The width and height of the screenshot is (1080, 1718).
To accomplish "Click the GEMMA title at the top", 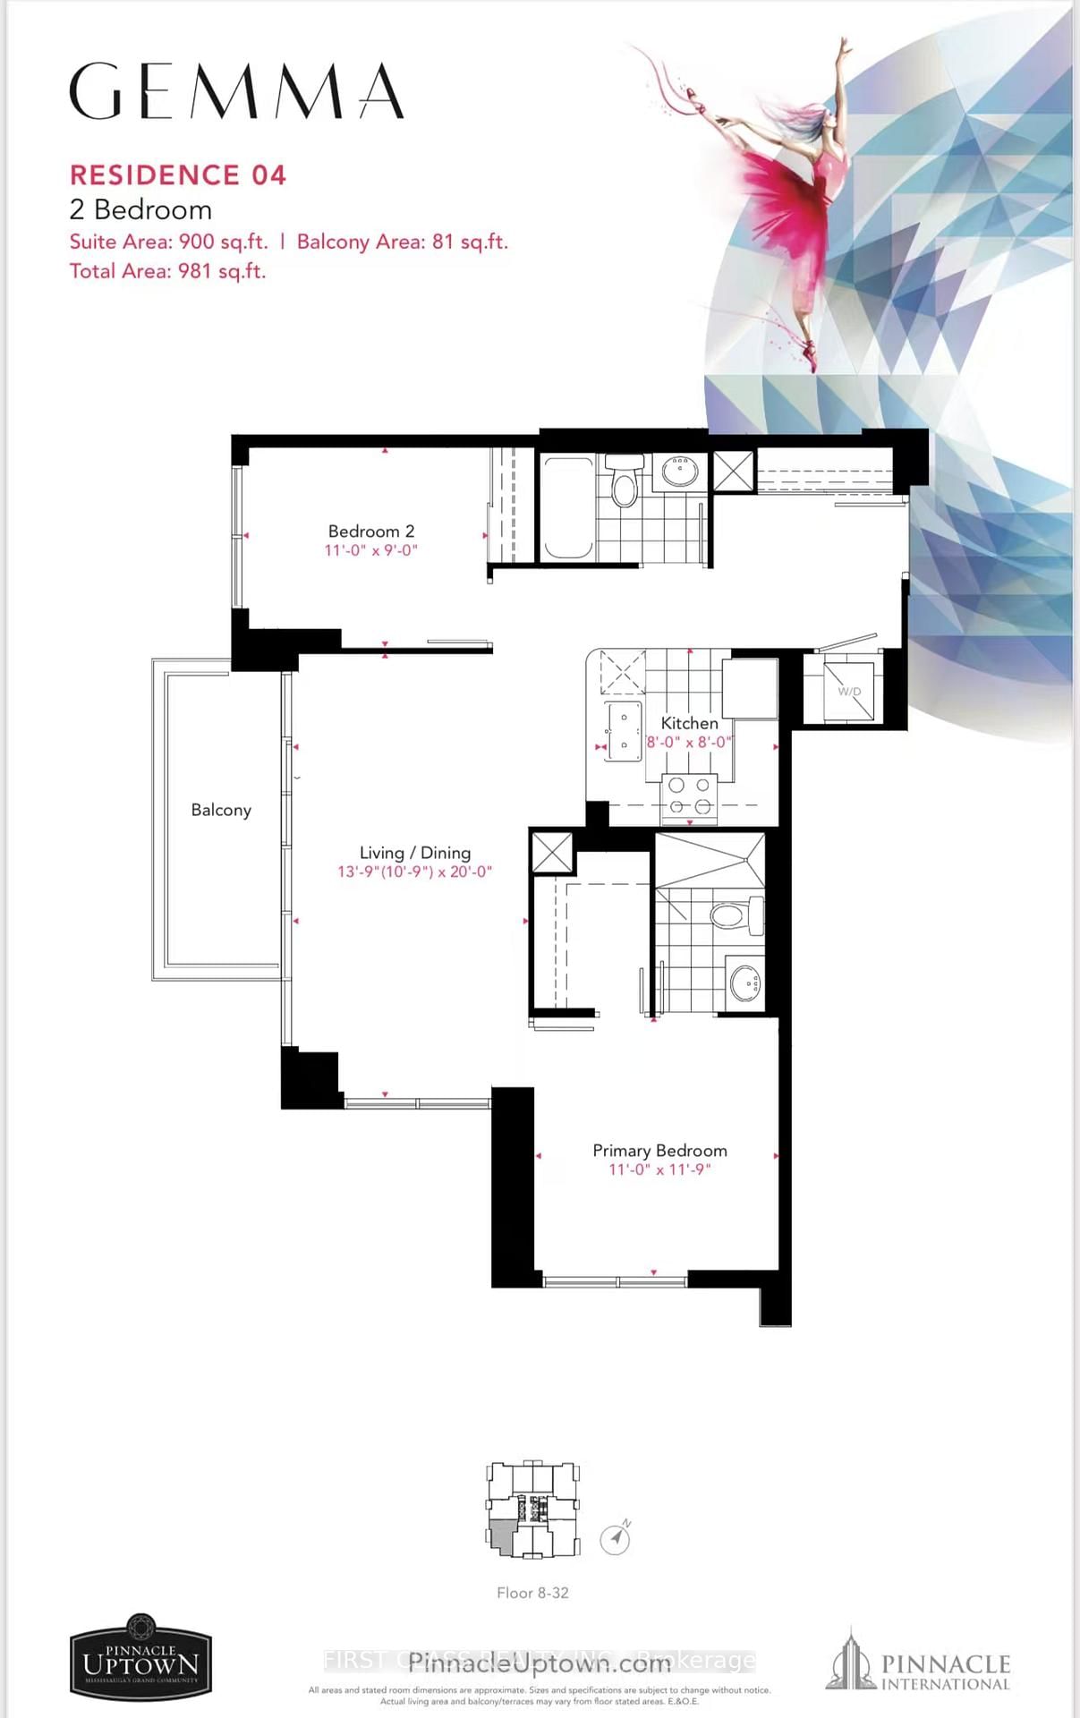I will tap(236, 91).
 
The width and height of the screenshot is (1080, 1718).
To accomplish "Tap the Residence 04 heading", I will tap(178, 174).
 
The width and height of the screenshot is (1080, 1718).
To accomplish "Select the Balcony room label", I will tap(221, 810).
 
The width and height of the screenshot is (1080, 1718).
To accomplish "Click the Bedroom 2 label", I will tap(371, 532).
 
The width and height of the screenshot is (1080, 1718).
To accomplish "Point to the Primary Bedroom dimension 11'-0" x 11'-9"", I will tap(659, 1169).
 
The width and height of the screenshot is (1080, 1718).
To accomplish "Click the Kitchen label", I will tap(689, 723).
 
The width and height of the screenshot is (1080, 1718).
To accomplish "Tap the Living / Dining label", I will tap(415, 853).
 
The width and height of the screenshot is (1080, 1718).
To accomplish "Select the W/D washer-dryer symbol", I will tap(848, 692).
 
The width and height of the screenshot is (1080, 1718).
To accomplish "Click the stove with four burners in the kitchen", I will tap(690, 795).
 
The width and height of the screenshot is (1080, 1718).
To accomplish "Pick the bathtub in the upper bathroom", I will tap(567, 507).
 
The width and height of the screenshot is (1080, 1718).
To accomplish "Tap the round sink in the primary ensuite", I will tap(745, 984).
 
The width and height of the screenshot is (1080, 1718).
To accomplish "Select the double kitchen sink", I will tap(623, 730).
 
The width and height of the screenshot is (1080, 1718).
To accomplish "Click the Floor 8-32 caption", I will tap(532, 1593).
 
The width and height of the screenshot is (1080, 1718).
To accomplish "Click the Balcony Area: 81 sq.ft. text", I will tap(402, 242).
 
